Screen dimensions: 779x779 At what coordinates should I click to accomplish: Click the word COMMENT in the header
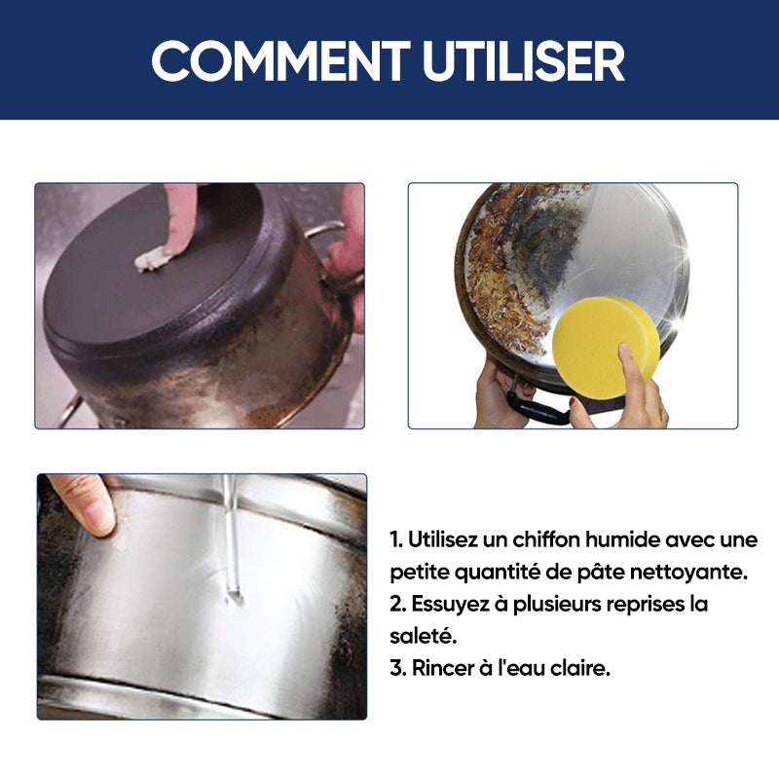280,60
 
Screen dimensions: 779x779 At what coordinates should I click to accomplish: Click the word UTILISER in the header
524,60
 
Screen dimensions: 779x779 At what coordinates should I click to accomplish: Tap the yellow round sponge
606,348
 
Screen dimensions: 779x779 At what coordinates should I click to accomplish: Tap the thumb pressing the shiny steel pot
86,504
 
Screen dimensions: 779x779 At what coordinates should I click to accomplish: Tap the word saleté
423,636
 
